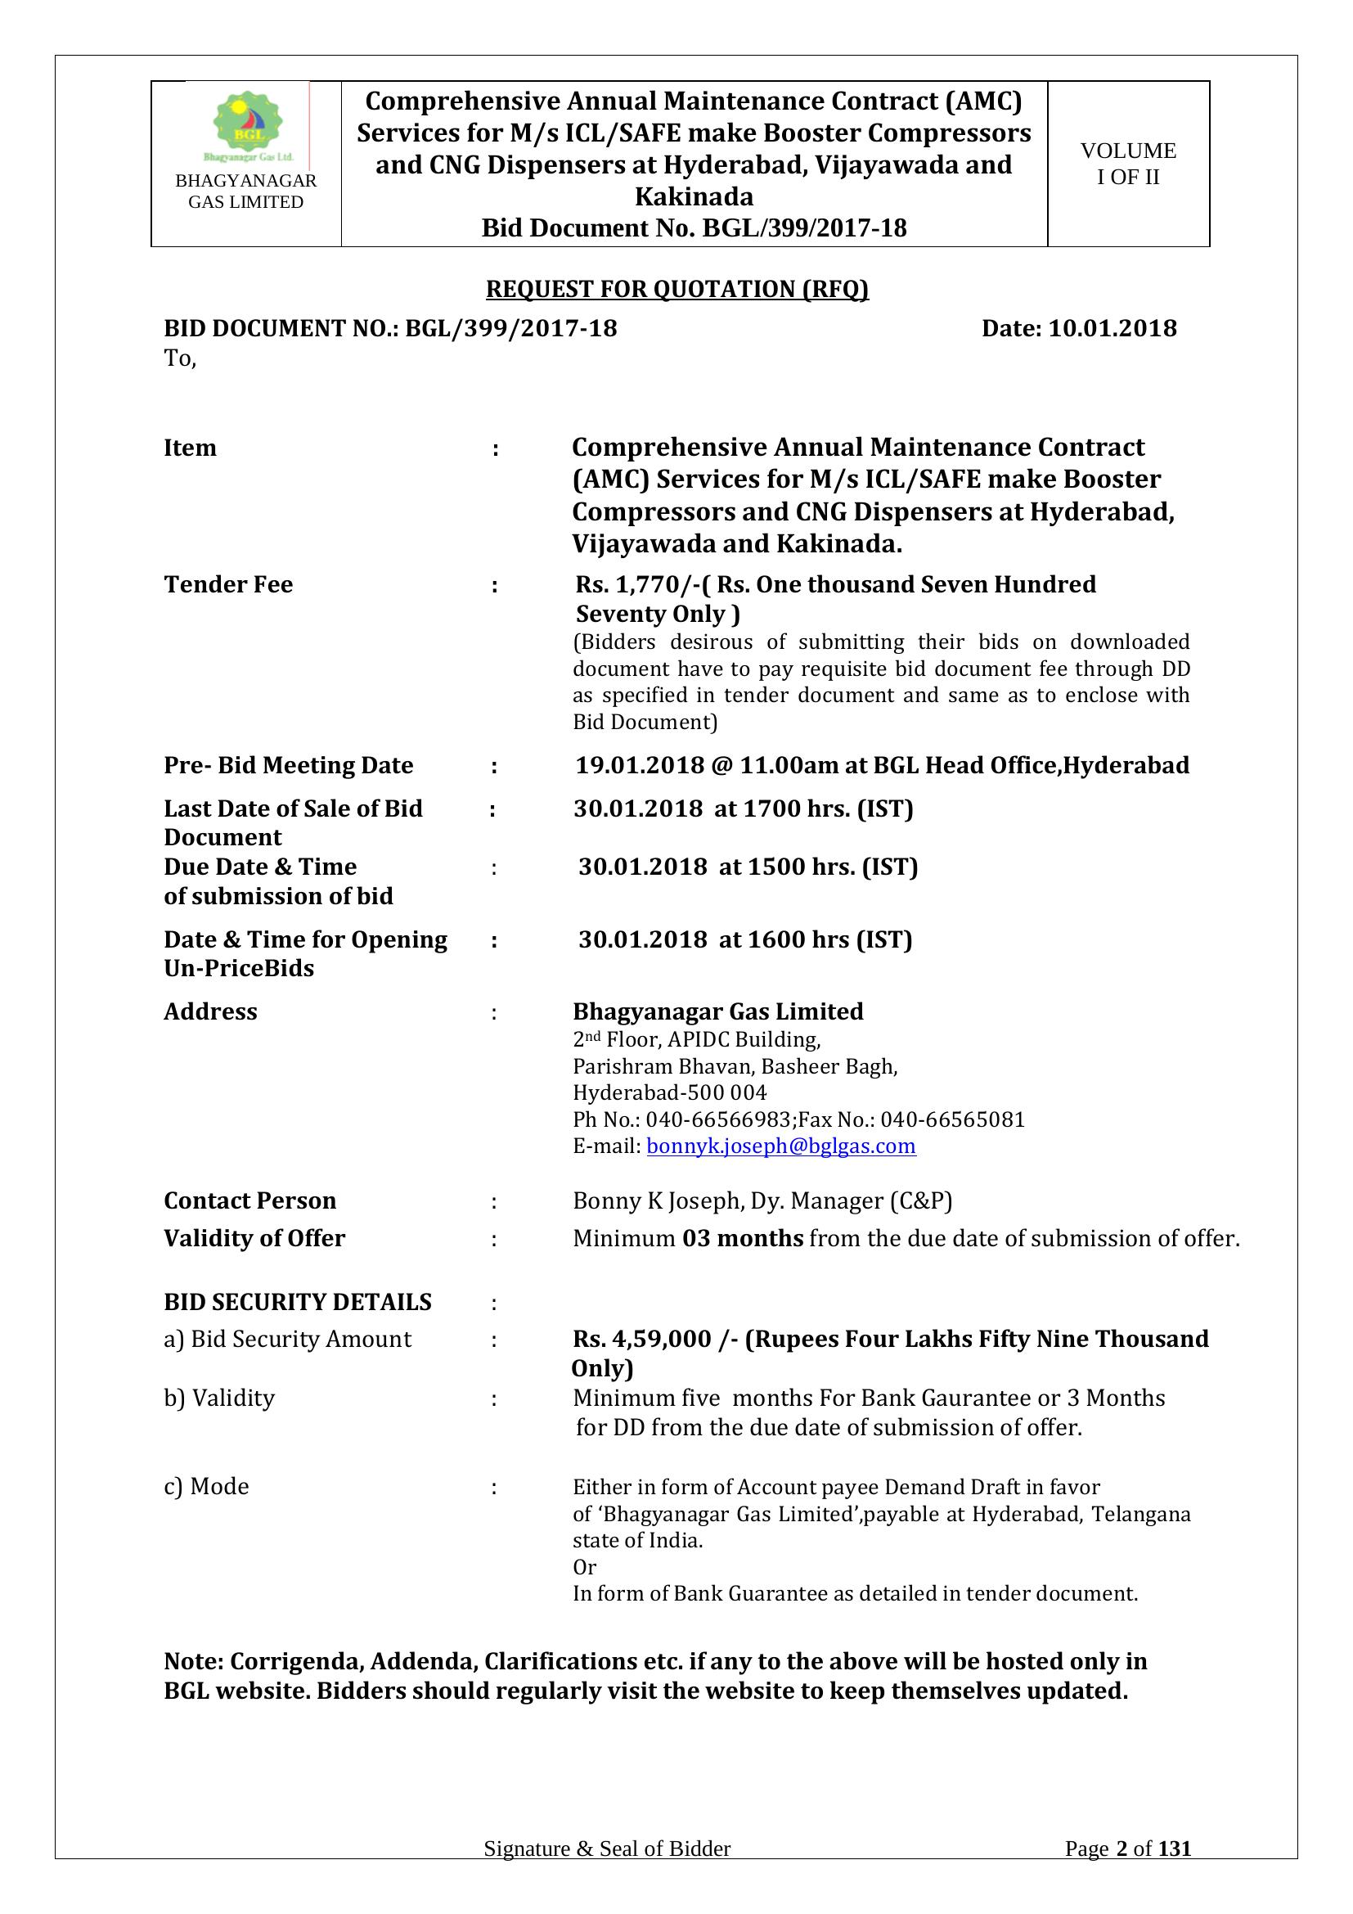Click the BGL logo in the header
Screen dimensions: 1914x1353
(x=246, y=126)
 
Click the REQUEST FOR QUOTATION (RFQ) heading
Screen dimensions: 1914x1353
(x=676, y=289)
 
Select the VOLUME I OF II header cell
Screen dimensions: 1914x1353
(x=1127, y=164)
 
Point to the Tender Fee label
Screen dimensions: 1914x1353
(x=228, y=584)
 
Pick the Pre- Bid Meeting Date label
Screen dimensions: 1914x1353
(x=288, y=765)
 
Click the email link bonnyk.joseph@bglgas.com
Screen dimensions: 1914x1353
(x=780, y=1146)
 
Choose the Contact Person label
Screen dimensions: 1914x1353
(x=250, y=1200)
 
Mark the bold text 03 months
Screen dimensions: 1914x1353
(x=742, y=1238)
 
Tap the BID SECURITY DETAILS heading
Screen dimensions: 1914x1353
(x=298, y=1302)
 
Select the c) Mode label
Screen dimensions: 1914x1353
(x=207, y=1486)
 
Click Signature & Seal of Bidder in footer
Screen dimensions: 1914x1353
(x=606, y=1872)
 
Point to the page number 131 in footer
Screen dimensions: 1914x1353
(x=1175, y=1872)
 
